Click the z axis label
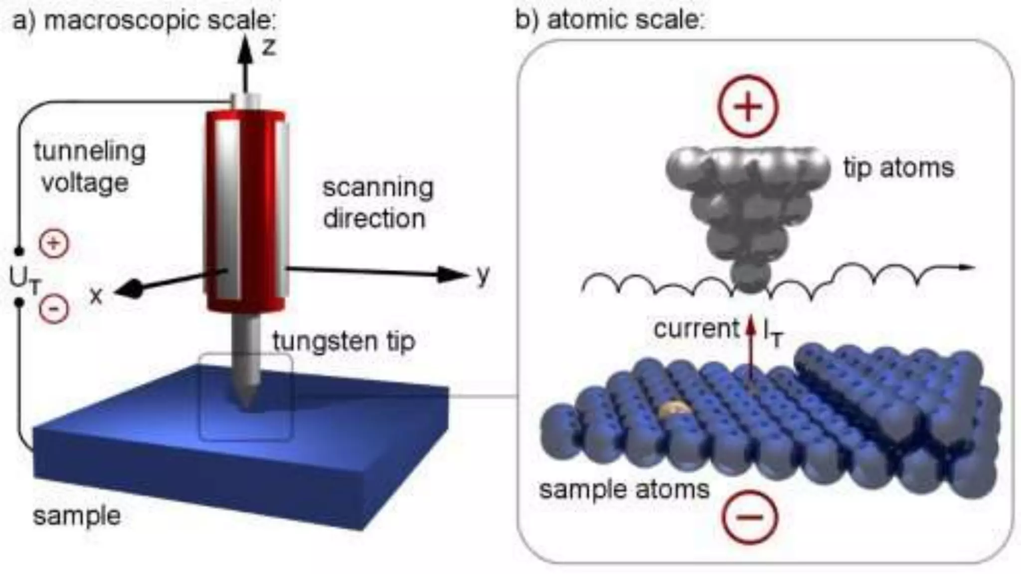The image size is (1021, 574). click(x=269, y=48)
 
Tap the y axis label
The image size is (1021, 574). click(x=483, y=276)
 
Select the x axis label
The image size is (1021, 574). click(x=96, y=296)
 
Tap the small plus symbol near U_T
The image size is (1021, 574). click(x=54, y=244)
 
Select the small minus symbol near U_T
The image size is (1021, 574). click(x=54, y=309)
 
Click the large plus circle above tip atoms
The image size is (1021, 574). click(x=748, y=106)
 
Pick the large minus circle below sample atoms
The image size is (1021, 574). click(x=750, y=517)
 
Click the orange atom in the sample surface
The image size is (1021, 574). click(x=675, y=410)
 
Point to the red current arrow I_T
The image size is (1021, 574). click(x=750, y=349)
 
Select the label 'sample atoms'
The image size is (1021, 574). click(x=624, y=489)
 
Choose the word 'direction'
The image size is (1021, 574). click(x=374, y=219)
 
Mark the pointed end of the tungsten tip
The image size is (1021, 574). click(x=246, y=406)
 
